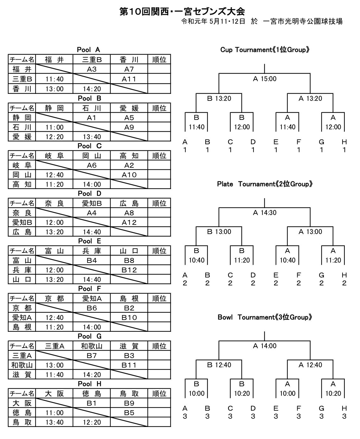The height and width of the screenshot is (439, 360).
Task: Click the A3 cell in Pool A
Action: click(92, 69)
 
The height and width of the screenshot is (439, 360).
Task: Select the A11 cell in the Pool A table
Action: click(129, 79)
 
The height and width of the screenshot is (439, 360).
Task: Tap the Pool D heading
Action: click(89, 193)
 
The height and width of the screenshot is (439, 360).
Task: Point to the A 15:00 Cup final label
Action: click(265, 79)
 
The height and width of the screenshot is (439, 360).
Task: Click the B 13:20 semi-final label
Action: click(219, 98)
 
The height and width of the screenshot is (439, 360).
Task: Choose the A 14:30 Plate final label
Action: click(265, 213)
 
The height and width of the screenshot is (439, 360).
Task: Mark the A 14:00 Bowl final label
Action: click(265, 346)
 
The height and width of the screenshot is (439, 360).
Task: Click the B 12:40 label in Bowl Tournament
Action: click(219, 365)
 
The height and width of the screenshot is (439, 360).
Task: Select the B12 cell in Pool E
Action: click(129, 270)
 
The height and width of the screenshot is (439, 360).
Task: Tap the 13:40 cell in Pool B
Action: click(92, 137)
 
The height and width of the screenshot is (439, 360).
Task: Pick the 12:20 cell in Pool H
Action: click(92, 422)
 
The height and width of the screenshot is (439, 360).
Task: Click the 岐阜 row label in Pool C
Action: click(22, 165)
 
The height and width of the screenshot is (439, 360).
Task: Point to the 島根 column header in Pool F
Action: click(129, 298)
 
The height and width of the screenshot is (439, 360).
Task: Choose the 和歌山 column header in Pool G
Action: click(92, 346)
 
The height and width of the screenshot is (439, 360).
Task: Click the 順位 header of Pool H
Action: click(159, 394)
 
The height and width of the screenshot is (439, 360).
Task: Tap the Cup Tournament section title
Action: click(265, 50)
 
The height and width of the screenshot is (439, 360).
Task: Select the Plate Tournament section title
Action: click(265, 184)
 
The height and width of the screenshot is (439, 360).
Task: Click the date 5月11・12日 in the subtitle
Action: click(227, 21)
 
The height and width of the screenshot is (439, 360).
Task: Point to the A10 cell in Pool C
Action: click(129, 175)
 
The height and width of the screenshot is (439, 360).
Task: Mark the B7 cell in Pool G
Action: click(92, 356)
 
